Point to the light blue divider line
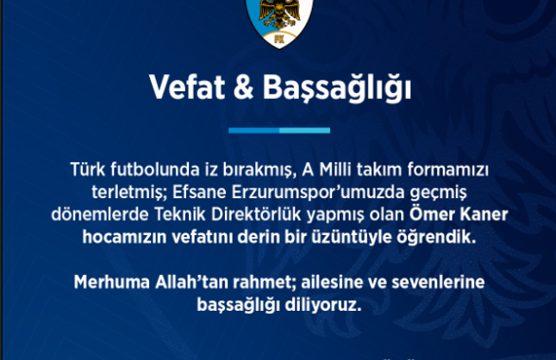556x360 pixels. pos(277,130)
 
